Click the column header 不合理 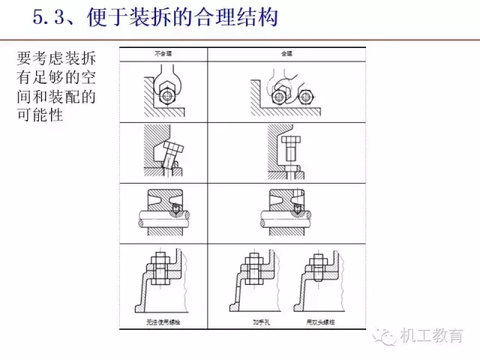click(x=162, y=54)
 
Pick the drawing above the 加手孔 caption click(x=251, y=284)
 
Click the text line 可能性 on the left click(x=44, y=116)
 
